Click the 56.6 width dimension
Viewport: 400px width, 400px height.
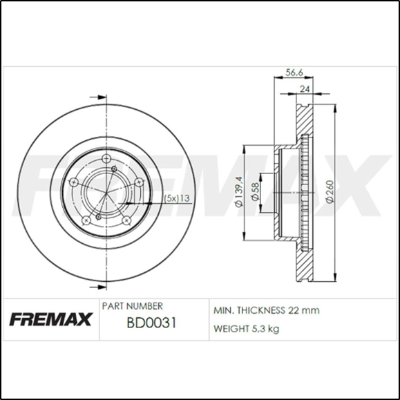click(x=294, y=70)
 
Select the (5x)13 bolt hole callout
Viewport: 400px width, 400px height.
click(x=176, y=198)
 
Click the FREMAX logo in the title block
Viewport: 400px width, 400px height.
click(x=50, y=319)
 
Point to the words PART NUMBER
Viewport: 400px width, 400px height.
click(x=132, y=305)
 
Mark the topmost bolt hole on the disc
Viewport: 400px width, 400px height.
click(x=106, y=160)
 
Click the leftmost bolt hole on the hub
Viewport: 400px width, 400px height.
click(x=73, y=183)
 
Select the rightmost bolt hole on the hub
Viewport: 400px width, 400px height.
click(x=138, y=182)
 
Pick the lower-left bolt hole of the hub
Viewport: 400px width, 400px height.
click(x=86, y=220)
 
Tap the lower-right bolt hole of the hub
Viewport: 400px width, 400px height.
click(x=126, y=220)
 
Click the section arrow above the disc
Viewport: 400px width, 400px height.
click(x=98, y=97)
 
